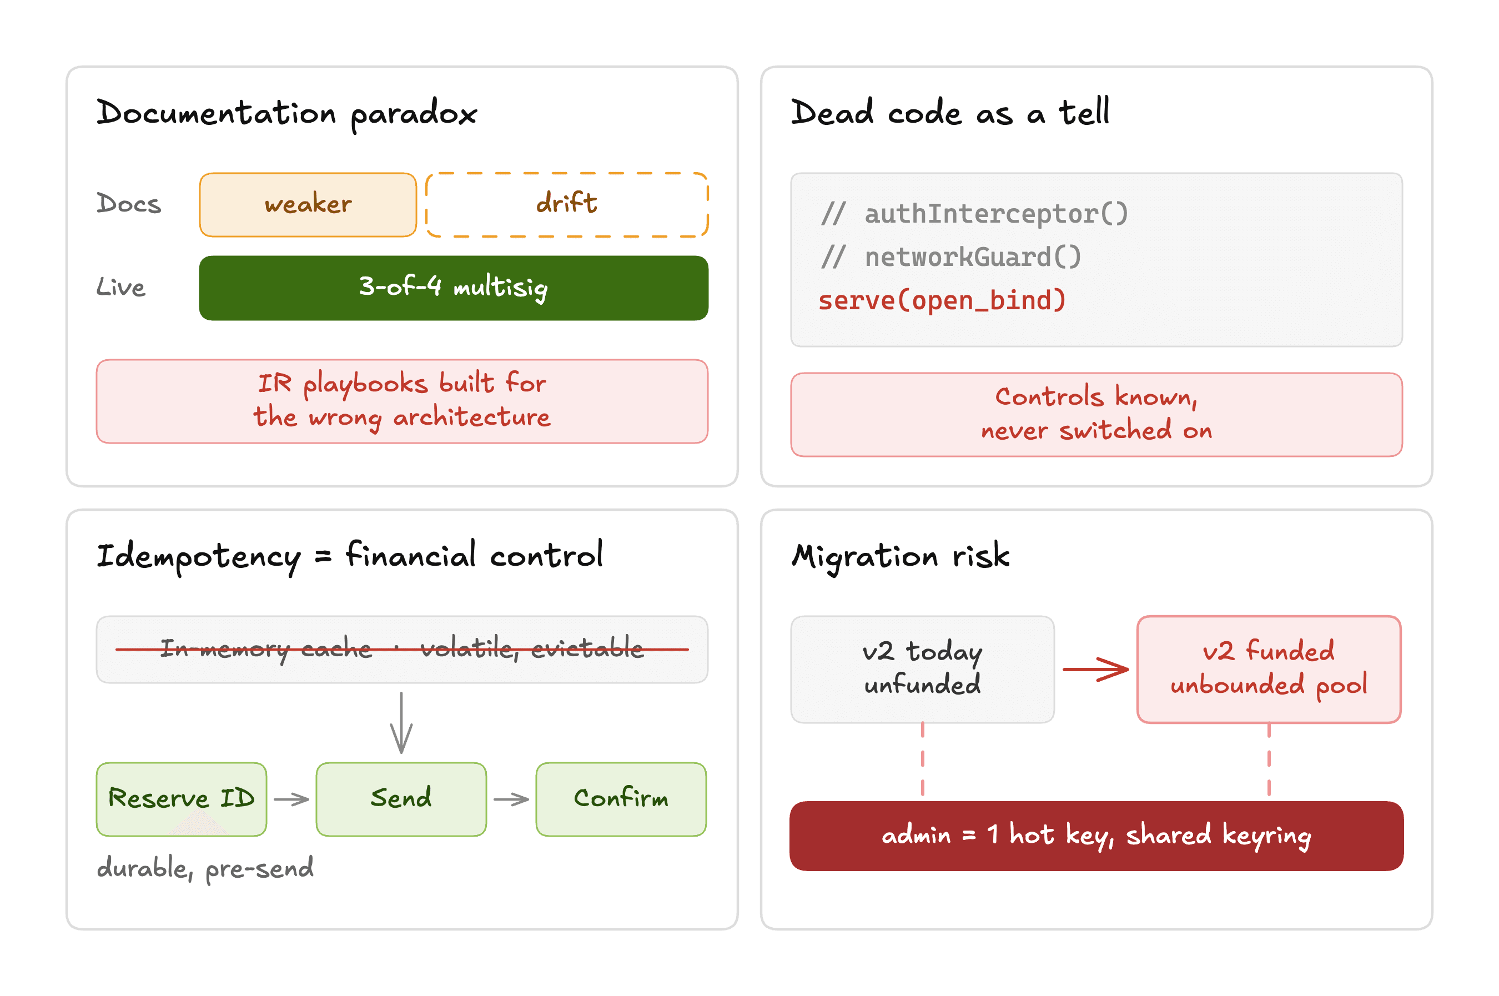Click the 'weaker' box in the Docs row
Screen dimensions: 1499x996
click(x=308, y=204)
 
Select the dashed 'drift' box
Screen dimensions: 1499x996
click(x=567, y=204)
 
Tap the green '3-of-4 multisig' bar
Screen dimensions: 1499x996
click(x=454, y=288)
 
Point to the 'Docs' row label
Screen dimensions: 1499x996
click(x=129, y=204)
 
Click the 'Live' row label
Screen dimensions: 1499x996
click(x=120, y=287)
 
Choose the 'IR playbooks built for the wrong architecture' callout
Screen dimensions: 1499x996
click(x=402, y=401)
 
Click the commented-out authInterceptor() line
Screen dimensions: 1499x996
click(x=974, y=213)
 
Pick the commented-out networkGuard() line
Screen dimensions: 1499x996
click(x=950, y=257)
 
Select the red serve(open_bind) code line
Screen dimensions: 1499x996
click(x=942, y=300)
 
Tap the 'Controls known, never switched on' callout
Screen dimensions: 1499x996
click(x=1096, y=414)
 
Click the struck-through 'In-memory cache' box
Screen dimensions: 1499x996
click(x=402, y=649)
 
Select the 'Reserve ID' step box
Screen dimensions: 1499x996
click(x=182, y=799)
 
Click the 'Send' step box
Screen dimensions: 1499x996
click(x=401, y=799)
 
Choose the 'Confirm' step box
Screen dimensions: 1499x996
click(x=621, y=799)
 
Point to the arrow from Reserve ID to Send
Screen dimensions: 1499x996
click(x=291, y=799)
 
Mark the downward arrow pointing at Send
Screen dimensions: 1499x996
click(x=401, y=722)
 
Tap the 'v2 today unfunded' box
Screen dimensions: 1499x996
click(x=922, y=669)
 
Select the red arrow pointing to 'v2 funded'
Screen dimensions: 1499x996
click(x=1096, y=669)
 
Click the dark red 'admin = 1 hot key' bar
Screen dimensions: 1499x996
click(x=1096, y=836)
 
